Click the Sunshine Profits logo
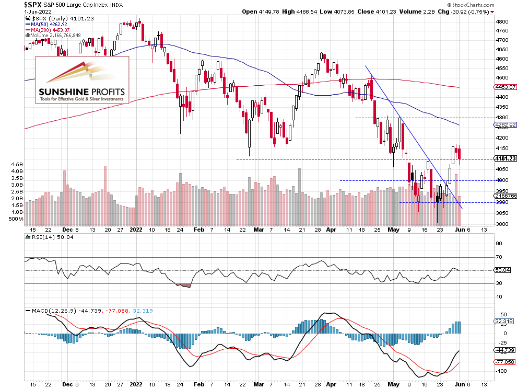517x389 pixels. [x=82, y=80]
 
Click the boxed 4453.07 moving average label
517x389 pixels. [x=504, y=87]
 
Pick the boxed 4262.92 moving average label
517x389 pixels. [x=504, y=125]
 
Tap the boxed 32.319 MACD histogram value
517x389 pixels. [x=503, y=322]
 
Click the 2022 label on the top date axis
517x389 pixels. [x=136, y=229]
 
